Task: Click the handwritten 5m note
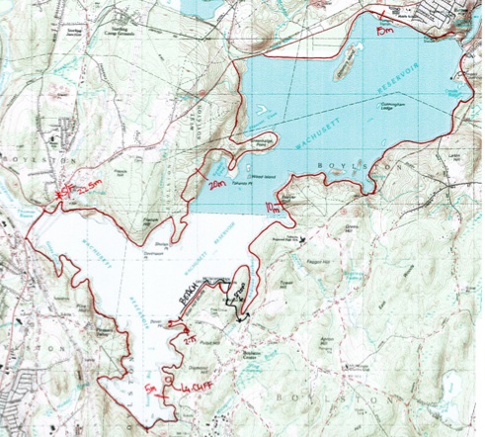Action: pyautogui.click(x=149, y=386)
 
